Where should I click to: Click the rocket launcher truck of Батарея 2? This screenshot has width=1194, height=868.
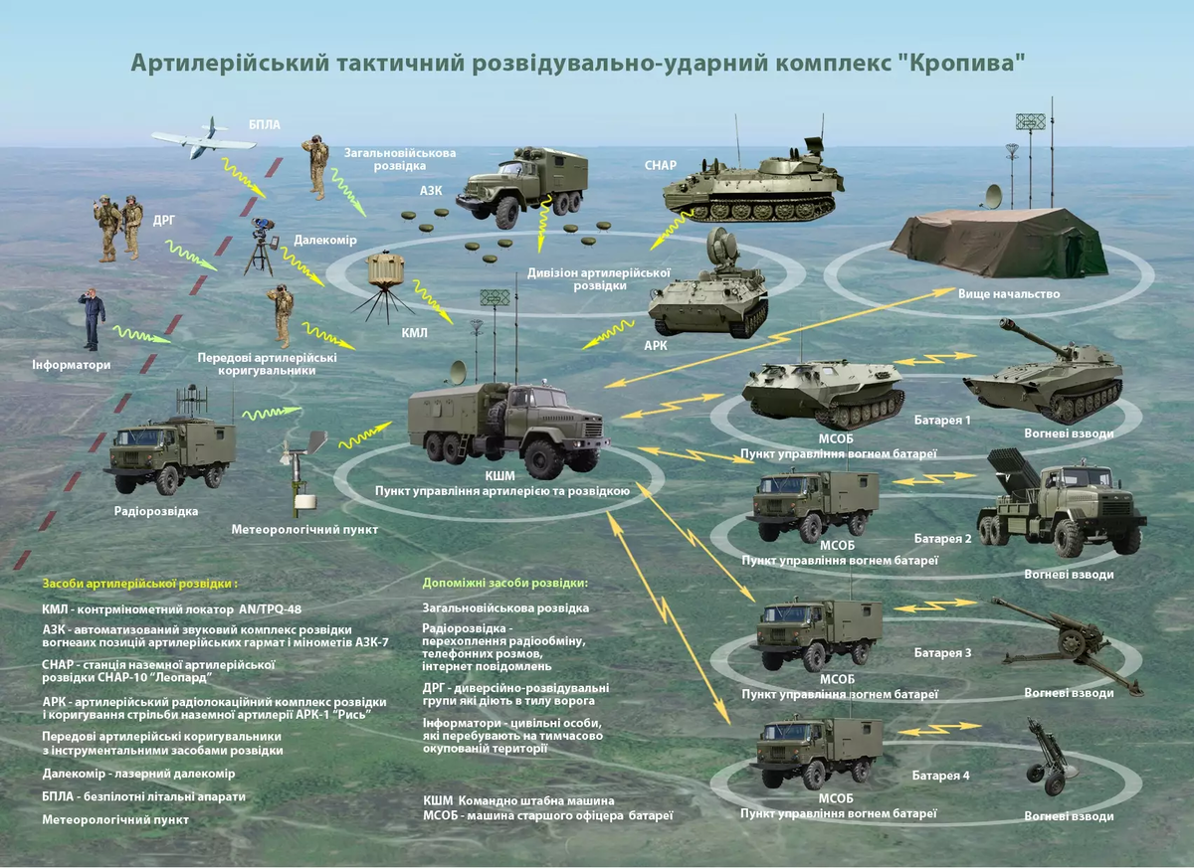1061,502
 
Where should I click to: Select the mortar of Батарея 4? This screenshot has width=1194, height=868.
1050,760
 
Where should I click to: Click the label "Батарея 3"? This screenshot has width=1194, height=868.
941,653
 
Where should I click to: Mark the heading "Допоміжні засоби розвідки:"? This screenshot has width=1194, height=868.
505,583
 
